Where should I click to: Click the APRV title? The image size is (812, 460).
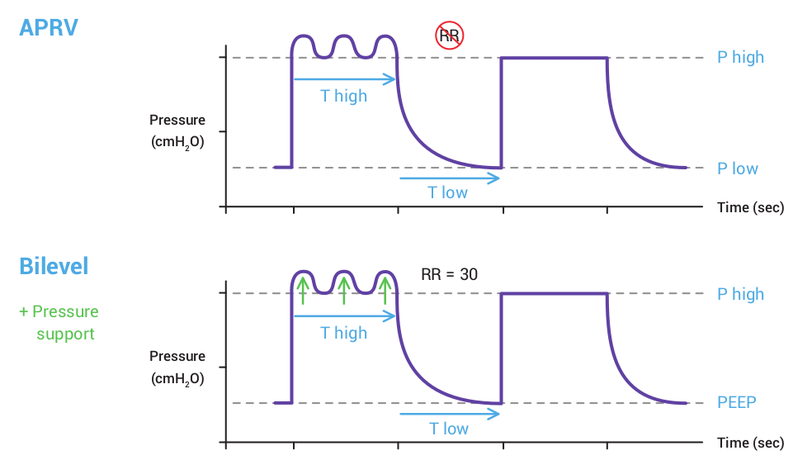click(x=49, y=27)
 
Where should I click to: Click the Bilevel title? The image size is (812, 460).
click(x=54, y=266)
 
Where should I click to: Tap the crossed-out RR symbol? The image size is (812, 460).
click(x=450, y=35)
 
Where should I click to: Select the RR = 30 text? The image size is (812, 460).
click(x=449, y=274)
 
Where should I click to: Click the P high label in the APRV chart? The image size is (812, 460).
click(x=740, y=57)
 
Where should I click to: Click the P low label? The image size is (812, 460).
click(x=737, y=168)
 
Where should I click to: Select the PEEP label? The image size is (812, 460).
click(x=737, y=403)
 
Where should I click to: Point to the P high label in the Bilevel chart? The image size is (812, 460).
click(x=740, y=294)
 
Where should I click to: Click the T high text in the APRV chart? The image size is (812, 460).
click(x=344, y=96)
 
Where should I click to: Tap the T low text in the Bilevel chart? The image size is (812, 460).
click(x=448, y=429)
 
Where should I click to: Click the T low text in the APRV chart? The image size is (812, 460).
click(x=447, y=192)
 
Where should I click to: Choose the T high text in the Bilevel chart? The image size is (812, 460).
click(x=344, y=333)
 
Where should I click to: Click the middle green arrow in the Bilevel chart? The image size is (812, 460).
click(x=344, y=290)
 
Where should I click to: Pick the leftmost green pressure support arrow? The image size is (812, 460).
click(x=303, y=290)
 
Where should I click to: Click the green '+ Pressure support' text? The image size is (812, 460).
click(x=59, y=323)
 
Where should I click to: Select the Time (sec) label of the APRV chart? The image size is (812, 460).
click(x=750, y=207)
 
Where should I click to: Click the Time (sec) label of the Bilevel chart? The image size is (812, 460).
click(x=750, y=443)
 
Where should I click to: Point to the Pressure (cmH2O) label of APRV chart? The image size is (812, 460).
click(x=177, y=130)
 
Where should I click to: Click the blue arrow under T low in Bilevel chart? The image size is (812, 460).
click(x=450, y=414)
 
